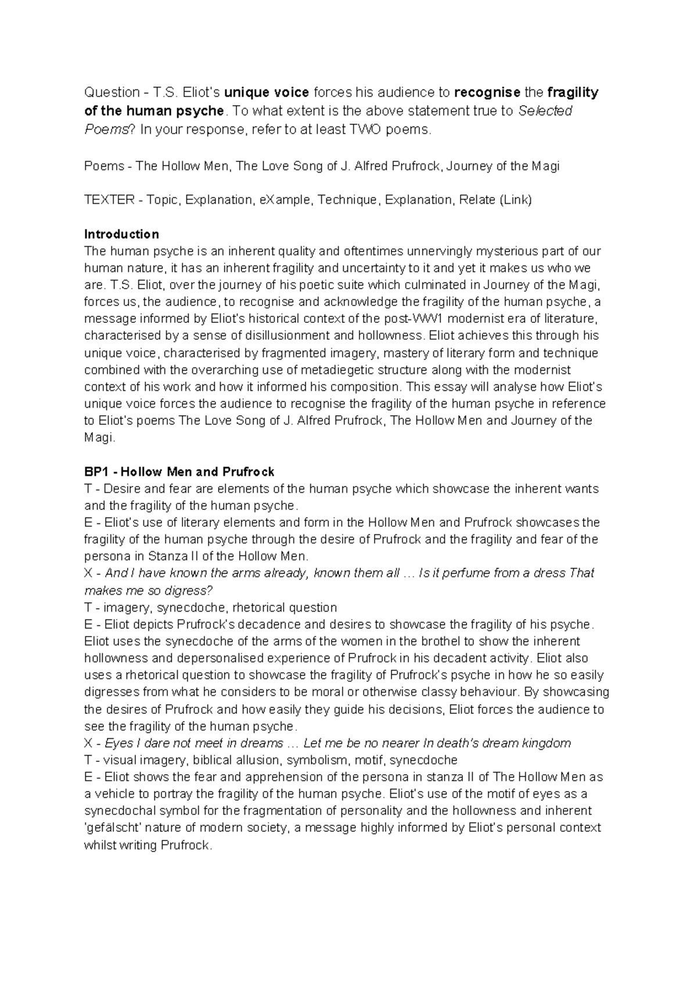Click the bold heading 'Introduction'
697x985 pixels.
[x=121, y=234]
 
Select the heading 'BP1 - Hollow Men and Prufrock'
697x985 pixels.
[x=179, y=472]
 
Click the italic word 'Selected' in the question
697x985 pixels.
[x=544, y=111]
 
